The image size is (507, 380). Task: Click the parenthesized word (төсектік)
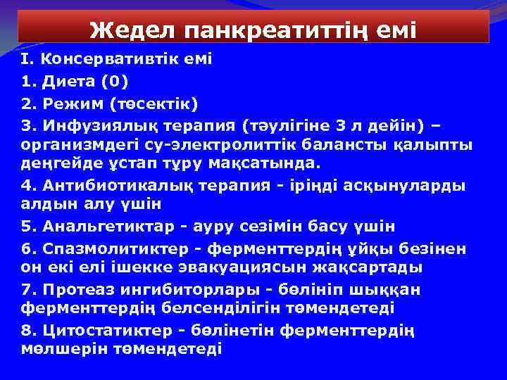coord(156,104)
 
